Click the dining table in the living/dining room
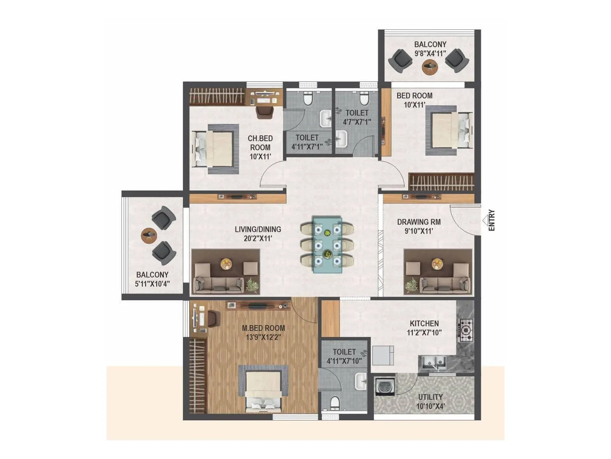coord(327,244)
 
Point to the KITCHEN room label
coord(424,323)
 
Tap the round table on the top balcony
coord(429,67)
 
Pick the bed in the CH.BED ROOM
coord(215,149)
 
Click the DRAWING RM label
coord(419,222)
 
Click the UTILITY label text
coord(430,397)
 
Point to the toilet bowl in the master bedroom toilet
coord(335,403)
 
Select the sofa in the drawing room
coord(445,284)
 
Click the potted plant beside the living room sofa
coord(252,285)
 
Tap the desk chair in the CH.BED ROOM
coord(265,112)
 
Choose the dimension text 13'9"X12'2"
coord(263,337)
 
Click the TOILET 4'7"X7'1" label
coord(357,117)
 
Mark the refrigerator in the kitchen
coord(383,355)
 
